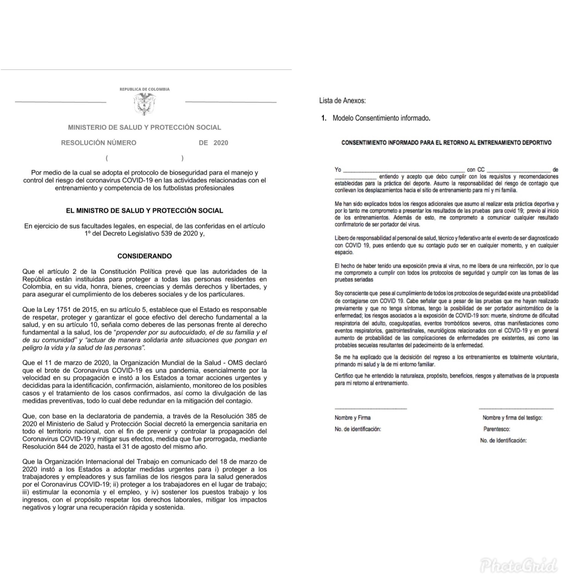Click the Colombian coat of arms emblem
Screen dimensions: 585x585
145,104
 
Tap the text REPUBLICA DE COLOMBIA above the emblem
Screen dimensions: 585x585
145,89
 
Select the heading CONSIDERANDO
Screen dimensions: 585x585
145,256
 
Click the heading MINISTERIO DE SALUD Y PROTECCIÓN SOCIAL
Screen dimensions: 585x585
145,127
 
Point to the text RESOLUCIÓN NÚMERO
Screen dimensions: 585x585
99,143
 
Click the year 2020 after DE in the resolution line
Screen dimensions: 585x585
221,143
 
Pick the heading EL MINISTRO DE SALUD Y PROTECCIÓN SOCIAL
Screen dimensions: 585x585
145,211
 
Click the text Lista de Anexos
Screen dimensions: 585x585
342,101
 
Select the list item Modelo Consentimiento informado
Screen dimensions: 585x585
381,118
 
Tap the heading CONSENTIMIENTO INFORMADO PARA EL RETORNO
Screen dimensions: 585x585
446,143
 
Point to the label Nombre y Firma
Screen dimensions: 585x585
352,418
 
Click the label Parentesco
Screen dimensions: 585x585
496,429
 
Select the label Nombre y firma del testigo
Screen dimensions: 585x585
512,418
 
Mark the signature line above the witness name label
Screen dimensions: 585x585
516,409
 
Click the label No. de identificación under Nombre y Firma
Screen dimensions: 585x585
358,429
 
